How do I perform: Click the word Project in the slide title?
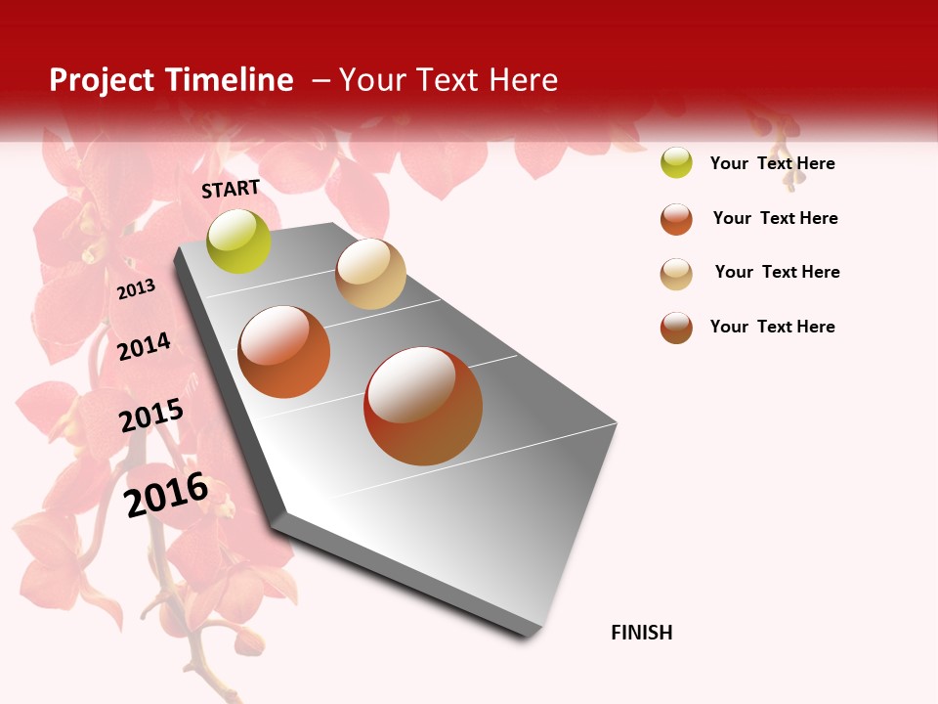[103, 80]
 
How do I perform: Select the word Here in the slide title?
[523, 80]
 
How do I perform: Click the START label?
[231, 189]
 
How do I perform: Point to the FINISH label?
[642, 633]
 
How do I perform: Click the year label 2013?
[136, 289]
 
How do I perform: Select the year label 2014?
[144, 346]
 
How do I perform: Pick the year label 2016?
[167, 494]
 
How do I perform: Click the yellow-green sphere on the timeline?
[239, 242]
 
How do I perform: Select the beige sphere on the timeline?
[370, 274]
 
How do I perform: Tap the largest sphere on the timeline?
[423, 406]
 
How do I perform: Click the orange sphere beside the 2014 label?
[284, 352]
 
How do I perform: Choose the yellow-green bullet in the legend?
[676, 163]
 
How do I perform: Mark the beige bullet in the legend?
[676, 274]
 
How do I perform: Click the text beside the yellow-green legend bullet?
[772, 163]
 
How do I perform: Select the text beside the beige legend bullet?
[777, 272]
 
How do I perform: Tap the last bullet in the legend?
[676, 328]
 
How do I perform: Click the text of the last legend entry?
[772, 327]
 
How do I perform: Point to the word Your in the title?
[373, 80]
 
